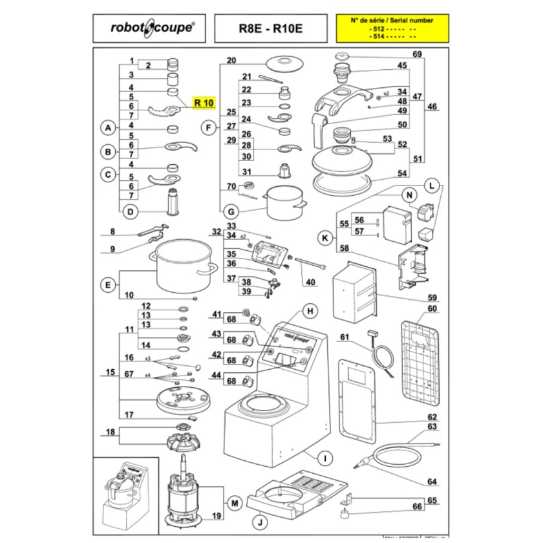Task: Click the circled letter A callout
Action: pos(108,129)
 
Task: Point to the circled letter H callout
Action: pos(310,311)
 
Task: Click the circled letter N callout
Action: pos(409,195)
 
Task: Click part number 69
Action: pos(417,54)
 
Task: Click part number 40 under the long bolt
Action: pos(310,281)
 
